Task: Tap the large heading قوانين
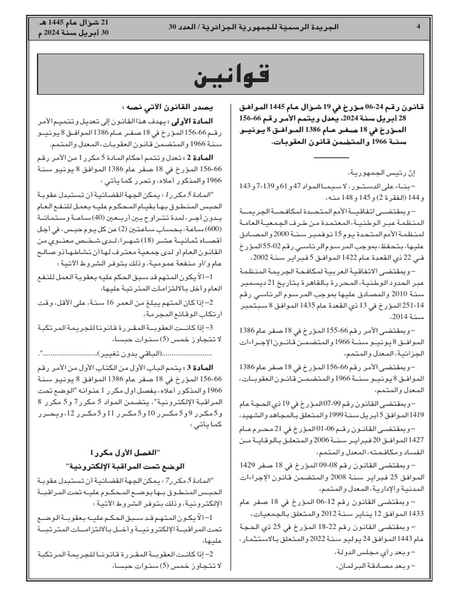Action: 231,76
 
